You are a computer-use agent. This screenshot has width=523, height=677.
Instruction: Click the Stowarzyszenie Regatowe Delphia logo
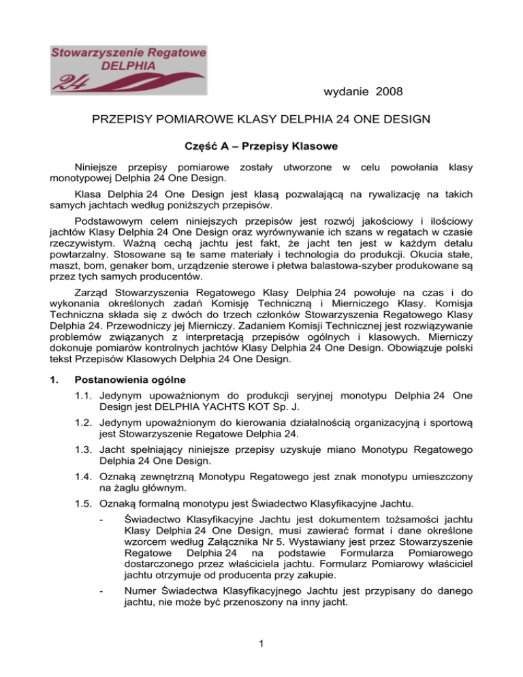[118, 66]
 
